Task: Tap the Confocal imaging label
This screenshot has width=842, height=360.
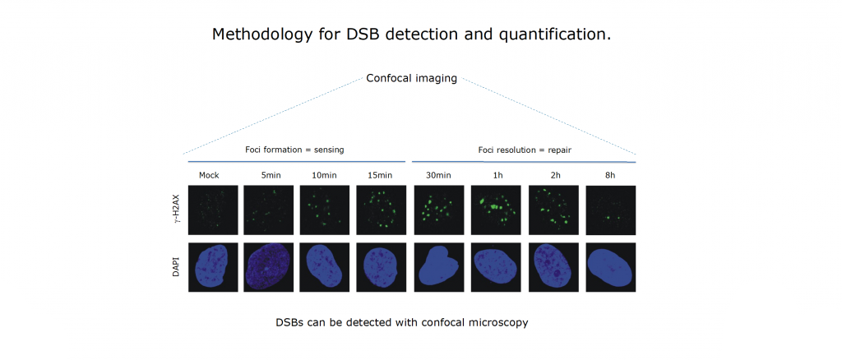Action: pyautogui.click(x=411, y=78)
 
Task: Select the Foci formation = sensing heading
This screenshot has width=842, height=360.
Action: pyautogui.click(x=294, y=150)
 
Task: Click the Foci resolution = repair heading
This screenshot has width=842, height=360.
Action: pyautogui.click(x=525, y=150)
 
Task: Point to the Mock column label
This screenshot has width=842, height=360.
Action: pyautogui.click(x=210, y=175)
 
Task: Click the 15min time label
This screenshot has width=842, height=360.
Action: pyautogui.click(x=380, y=175)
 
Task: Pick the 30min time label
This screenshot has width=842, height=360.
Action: pyautogui.click(x=439, y=175)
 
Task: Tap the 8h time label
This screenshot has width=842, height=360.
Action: pyautogui.click(x=610, y=175)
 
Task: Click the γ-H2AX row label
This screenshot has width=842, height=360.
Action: pyautogui.click(x=176, y=210)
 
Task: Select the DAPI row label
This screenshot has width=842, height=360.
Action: pyautogui.click(x=176, y=267)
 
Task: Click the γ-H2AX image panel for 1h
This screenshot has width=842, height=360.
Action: pyautogui.click(x=496, y=210)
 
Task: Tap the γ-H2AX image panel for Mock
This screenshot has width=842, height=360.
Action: pyautogui.click(x=213, y=210)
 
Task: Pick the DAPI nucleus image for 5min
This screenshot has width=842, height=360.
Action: pyautogui.click(x=269, y=267)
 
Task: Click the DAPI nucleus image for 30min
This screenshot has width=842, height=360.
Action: pyautogui.click(x=439, y=267)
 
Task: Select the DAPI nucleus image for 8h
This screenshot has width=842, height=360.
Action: pyautogui.click(x=611, y=267)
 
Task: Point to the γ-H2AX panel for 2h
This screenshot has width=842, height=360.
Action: pyautogui.click(x=553, y=210)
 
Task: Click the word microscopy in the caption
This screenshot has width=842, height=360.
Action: pyautogui.click(x=501, y=323)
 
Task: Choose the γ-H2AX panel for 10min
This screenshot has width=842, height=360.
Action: pyautogui.click(x=324, y=210)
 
